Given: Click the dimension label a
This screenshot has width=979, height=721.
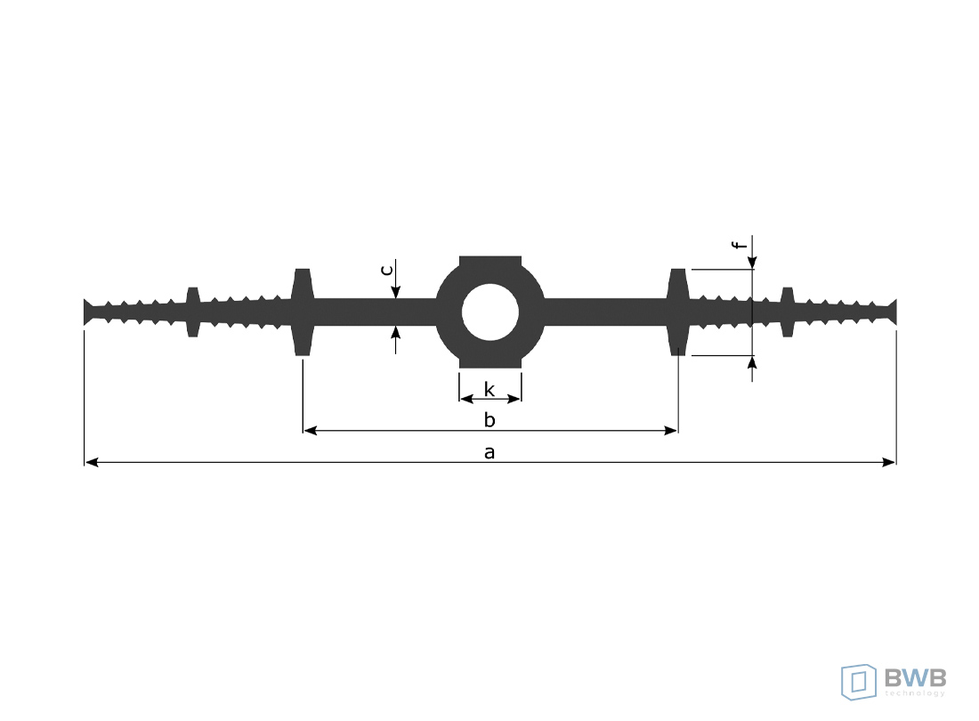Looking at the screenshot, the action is tap(489, 452).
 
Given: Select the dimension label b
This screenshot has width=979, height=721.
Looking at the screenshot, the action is tap(489, 419).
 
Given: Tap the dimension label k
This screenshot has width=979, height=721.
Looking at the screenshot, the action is tap(489, 390).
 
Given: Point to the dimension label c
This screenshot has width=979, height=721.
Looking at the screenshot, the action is tap(387, 270).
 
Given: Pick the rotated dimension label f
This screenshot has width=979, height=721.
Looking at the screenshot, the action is tap(740, 244).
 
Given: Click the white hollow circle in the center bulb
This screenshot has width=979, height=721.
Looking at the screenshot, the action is tap(490, 312).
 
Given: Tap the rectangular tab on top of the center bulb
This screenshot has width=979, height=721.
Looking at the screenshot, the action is tap(490, 262).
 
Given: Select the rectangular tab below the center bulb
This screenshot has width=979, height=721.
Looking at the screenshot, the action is tap(490, 362).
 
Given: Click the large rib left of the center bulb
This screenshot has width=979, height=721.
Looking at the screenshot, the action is tap(303, 312).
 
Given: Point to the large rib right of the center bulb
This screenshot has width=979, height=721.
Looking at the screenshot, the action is tap(678, 312).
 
